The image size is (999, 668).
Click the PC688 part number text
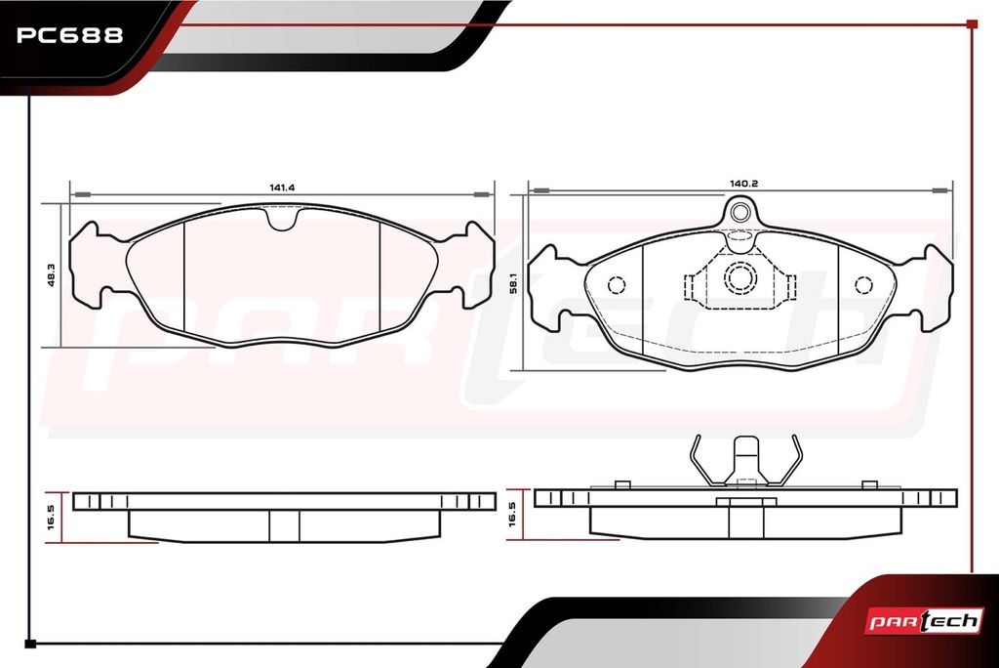click(69, 35)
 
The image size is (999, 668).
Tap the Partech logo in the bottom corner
click(924, 621)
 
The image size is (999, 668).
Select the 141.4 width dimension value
click(282, 188)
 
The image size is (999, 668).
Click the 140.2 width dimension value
click(743, 183)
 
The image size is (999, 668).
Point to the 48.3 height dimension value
click(52, 275)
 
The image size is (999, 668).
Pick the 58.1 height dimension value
click(513, 283)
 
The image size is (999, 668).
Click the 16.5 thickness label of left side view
click(51, 518)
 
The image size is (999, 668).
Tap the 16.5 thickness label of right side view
click(512, 515)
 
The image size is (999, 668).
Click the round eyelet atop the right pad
click(739, 212)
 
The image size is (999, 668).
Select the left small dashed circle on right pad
click(617, 285)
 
